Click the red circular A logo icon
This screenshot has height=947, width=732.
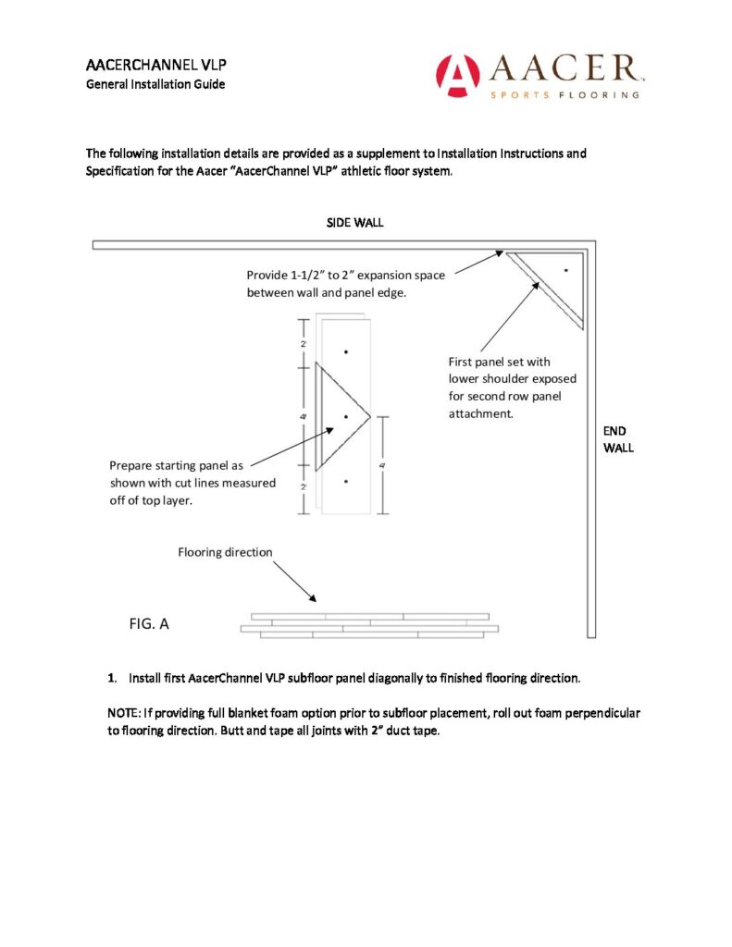[x=457, y=76]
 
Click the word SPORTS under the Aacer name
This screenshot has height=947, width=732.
[x=515, y=94]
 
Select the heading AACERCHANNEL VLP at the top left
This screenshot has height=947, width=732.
[x=143, y=66]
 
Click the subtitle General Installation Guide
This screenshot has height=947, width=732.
[x=155, y=84]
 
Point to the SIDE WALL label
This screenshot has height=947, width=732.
[x=354, y=223]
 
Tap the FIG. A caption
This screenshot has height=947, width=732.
[x=149, y=624]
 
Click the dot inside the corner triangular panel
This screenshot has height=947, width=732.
[x=565, y=270]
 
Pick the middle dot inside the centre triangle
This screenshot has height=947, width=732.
[x=345, y=417]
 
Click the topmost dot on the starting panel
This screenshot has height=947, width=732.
[x=345, y=351]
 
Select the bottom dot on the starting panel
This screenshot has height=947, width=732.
[x=345, y=482]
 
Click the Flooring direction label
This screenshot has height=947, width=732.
[x=225, y=552]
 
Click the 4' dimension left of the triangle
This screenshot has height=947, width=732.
[x=304, y=417]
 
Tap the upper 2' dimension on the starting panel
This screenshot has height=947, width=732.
[x=304, y=343]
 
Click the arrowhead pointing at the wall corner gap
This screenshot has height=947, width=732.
[x=500, y=252]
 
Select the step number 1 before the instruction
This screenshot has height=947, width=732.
[x=112, y=679]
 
